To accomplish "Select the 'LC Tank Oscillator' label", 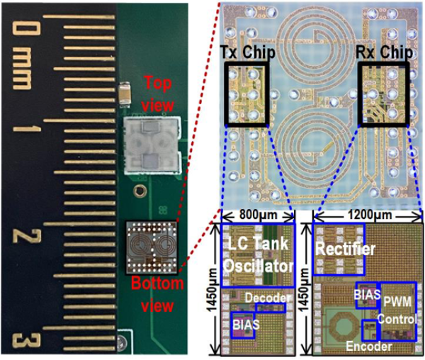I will pyautogui.click(x=255, y=256).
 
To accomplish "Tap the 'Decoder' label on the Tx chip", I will pyautogui.click(x=266, y=300).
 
